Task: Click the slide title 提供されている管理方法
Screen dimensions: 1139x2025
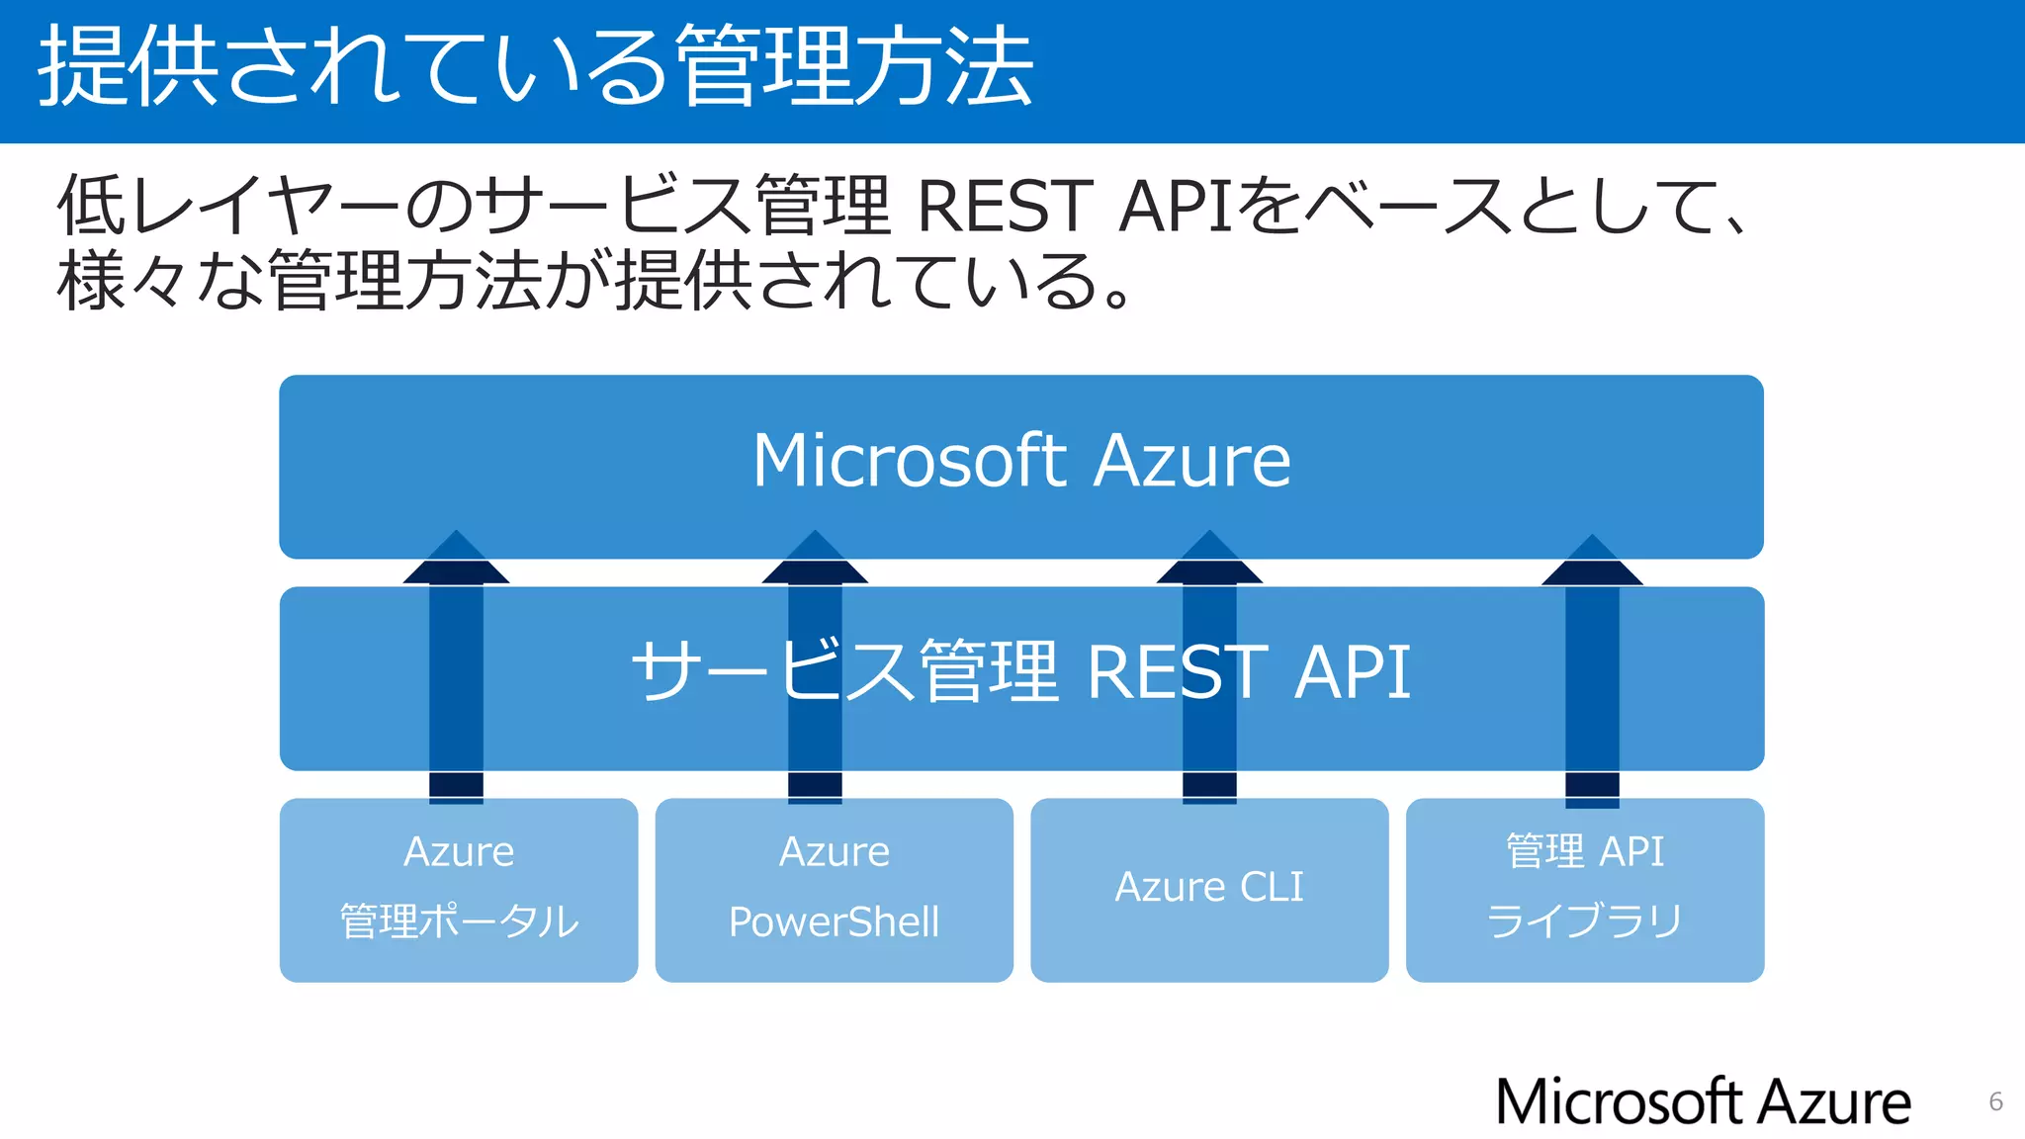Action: (x=535, y=67)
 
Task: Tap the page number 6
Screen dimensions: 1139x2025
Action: (x=1995, y=1101)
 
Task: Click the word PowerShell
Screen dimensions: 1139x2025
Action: (x=834, y=921)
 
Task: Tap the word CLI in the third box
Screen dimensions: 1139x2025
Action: (x=1272, y=887)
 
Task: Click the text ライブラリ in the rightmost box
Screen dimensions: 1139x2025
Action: (x=1584, y=921)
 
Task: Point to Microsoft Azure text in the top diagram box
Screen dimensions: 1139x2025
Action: (x=1021, y=461)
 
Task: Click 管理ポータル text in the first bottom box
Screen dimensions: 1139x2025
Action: (x=459, y=921)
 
